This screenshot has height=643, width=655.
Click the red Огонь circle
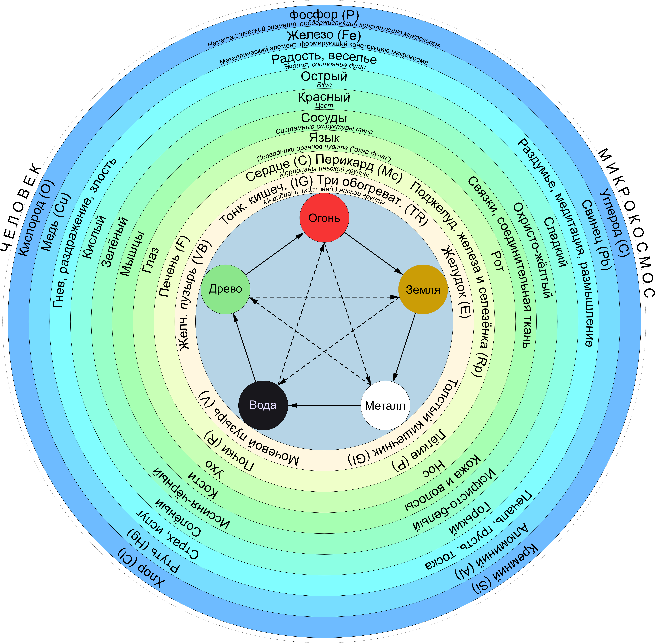point(324,218)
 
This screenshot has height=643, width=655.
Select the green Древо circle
point(225,289)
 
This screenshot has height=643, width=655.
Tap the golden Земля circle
point(423,289)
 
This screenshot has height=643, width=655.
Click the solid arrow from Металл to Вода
point(324,405)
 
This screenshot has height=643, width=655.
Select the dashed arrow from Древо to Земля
point(324,297)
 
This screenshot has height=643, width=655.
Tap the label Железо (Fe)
point(324,35)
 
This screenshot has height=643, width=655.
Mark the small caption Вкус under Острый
point(324,85)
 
